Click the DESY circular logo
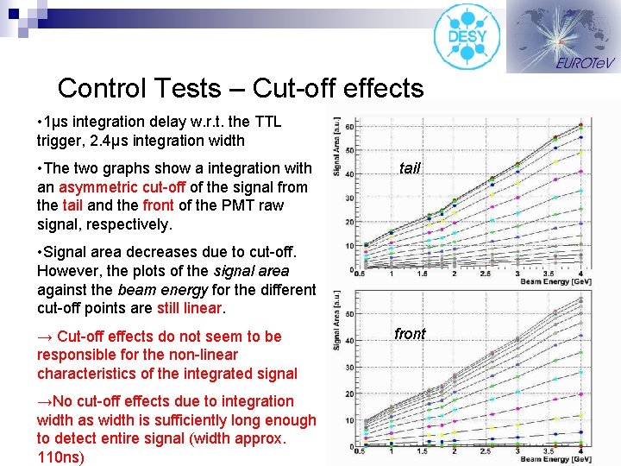(x=467, y=36)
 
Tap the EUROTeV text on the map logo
(x=585, y=63)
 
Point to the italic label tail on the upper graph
(x=409, y=168)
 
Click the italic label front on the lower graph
(x=410, y=334)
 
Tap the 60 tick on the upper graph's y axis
(x=348, y=127)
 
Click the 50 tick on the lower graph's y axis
(x=348, y=313)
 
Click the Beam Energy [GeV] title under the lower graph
(x=556, y=459)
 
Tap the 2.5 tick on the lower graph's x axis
(x=486, y=451)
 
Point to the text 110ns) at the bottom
(x=60, y=457)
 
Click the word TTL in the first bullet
(x=267, y=122)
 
